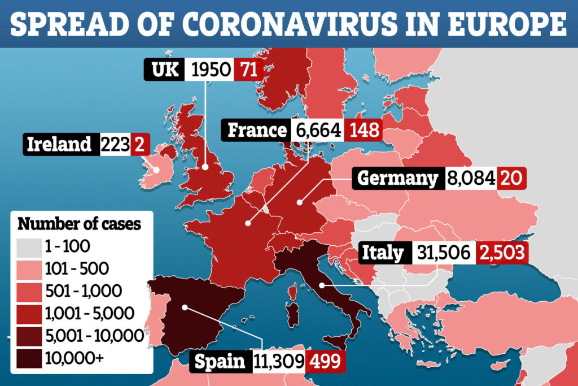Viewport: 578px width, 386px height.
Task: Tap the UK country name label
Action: click(x=165, y=70)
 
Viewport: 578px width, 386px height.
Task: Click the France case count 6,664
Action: click(x=318, y=131)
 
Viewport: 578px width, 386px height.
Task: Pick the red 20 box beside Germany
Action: click(x=513, y=179)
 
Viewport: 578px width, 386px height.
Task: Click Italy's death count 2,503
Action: click(x=502, y=252)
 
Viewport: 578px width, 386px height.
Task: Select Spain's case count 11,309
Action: click(x=277, y=361)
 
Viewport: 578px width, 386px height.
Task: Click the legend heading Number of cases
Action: click(x=80, y=223)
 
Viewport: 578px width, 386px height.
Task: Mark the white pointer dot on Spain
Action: click(x=185, y=308)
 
